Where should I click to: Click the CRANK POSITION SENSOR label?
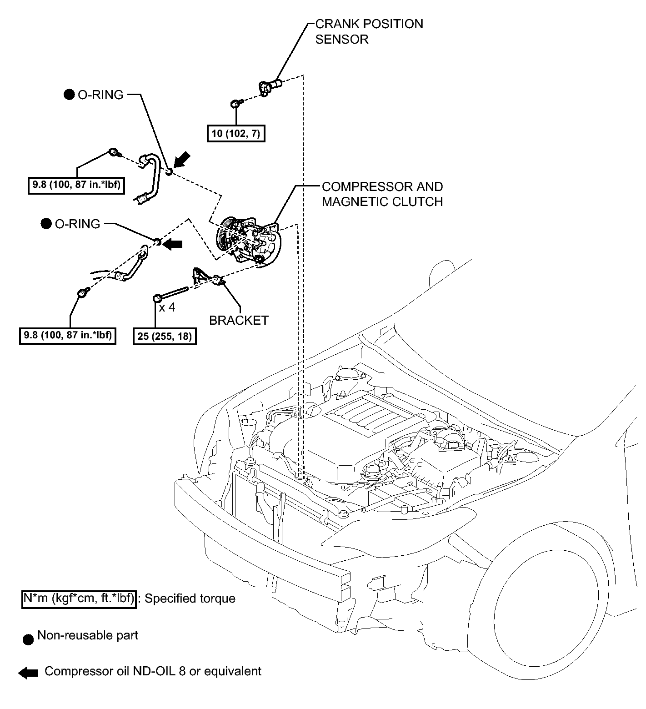pyautogui.click(x=369, y=31)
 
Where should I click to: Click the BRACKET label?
pyautogui.click(x=239, y=320)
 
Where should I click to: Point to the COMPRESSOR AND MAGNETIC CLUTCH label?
pyautogui.click(x=382, y=194)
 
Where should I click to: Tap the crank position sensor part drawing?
pyautogui.click(x=270, y=86)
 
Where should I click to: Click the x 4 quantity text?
pyautogui.click(x=167, y=307)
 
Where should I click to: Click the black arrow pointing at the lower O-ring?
pyautogui.click(x=172, y=244)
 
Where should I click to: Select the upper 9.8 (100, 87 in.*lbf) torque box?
pyautogui.click(x=76, y=186)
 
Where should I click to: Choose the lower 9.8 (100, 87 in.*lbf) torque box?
pyautogui.click(x=68, y=336)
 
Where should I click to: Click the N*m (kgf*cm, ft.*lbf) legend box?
pyautogui.click(x=79, y=598)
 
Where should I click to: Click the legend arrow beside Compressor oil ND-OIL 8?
pyautogui.click(x=28, y=673)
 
